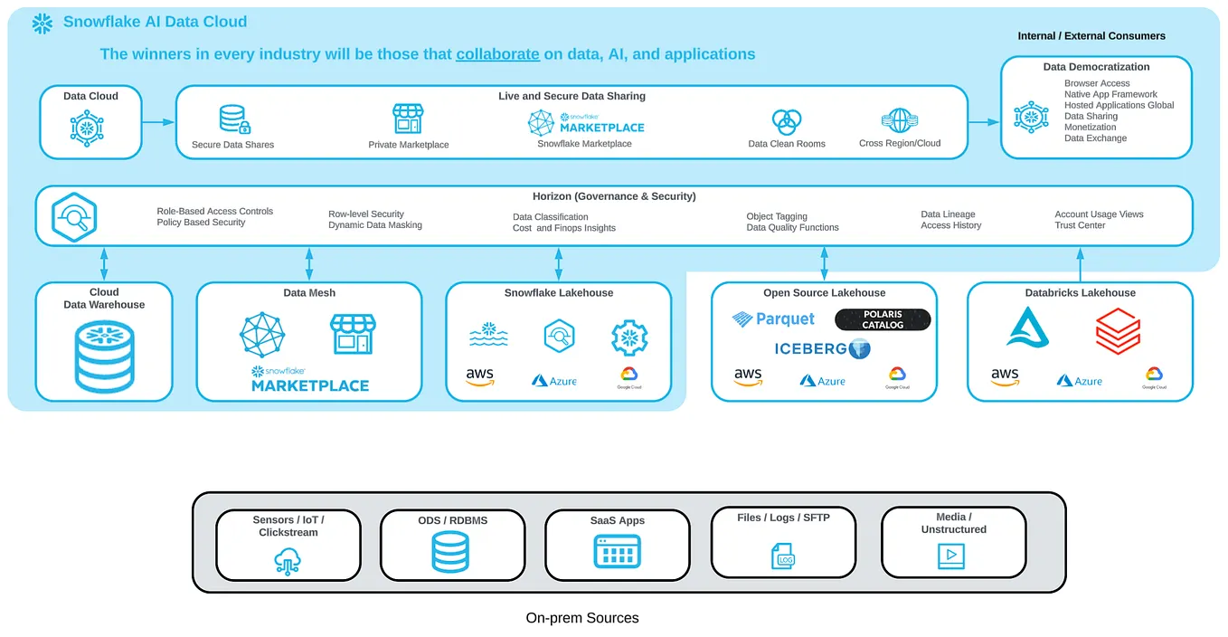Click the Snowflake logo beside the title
point(42,24)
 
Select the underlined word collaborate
point(497,54)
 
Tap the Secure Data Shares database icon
point(233,119)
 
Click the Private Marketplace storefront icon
point(408,119)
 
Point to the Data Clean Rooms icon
point(786,121)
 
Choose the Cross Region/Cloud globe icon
point(899,120)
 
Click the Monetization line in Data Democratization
point(1090,128)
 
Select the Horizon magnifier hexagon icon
point(74,216)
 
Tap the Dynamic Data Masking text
point(374,225)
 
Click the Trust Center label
point(1080,225)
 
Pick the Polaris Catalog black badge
point(882,319)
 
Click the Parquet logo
point(773,319)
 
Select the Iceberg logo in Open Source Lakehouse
point(822,348)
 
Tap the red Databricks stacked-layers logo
point(1118,330)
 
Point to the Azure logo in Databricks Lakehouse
point(1079,381)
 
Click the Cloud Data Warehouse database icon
point(103,354)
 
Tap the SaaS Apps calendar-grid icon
point(617,551)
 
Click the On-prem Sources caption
point(582,618)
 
